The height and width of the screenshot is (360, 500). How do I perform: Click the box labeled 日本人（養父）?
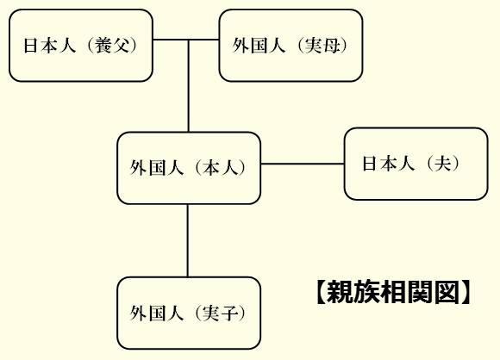pyautogui.click(x=81, y=46)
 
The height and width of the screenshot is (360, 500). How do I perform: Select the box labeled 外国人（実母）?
pyautogui.click(x=291, y=46)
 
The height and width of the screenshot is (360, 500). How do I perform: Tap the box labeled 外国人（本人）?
pyautogui.click(x=189, y=168)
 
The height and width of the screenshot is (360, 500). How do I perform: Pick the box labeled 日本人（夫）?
pyautogui.click(x=416, y=164)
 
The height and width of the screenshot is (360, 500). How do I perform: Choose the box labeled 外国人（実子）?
pyautogui.click(x=189, y=313)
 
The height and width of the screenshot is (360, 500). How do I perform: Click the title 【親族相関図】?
pyautogui.click(x=393, y=292)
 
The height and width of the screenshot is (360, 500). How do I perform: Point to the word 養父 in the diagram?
pyautogui.click(x=113, y=46)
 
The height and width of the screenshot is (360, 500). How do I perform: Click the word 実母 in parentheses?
pyautogui.click(x=322, y=46)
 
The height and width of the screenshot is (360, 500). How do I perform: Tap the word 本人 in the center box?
pyautogui.click(x=221, y=168)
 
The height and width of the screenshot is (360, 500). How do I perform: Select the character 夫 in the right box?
pyautogui.click(x=444, y=164)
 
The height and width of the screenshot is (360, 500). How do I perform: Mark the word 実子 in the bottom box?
pyautogui.click(x=221, y=313)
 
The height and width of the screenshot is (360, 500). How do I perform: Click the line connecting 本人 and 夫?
pyautogui.click(x=303, y=164)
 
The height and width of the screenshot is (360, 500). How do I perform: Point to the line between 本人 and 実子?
pyautogui.click(x=188, y=240)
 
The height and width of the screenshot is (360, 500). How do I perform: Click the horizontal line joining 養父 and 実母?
pyautogui.click(x=186, y=40)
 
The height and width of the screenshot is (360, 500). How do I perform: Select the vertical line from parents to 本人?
pyautogui.click(x=189, y=86)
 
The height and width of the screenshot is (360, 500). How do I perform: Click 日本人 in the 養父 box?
pyautogui.click(x=50, y=46)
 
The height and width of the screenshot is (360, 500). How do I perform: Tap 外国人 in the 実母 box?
pyautogui.click(x=259, y=46)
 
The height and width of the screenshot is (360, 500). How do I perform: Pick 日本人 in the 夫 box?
pyautogui.click(x=389, y=164)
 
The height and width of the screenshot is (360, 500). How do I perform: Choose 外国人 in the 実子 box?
pyautogui.click(x=157, y=313)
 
